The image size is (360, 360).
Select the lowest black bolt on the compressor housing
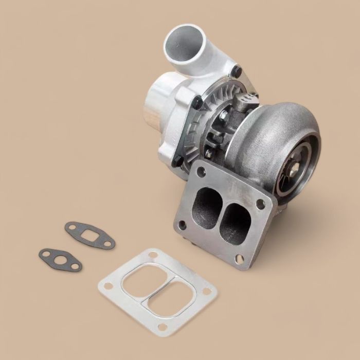(176, 161)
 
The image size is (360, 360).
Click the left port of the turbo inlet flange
(207, 206)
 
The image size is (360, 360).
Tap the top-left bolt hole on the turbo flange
(201, 172)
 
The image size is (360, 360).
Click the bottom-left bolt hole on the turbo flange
(181, 224)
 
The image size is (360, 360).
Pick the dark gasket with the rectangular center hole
(90, 235)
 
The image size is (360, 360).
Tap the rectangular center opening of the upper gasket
(91, 235)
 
